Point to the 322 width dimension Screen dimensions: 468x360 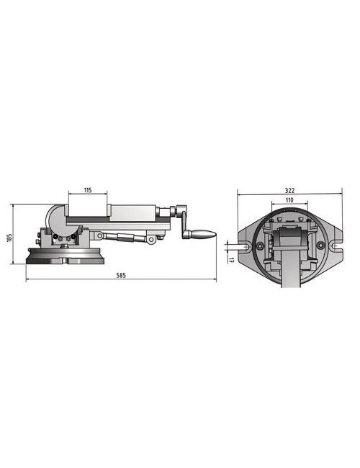click(x=289, y=190)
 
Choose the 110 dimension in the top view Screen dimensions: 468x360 click(x=288, y=199)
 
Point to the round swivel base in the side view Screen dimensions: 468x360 click(x=65, y=258)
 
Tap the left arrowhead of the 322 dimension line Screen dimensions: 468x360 click(x=239, y=194)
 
